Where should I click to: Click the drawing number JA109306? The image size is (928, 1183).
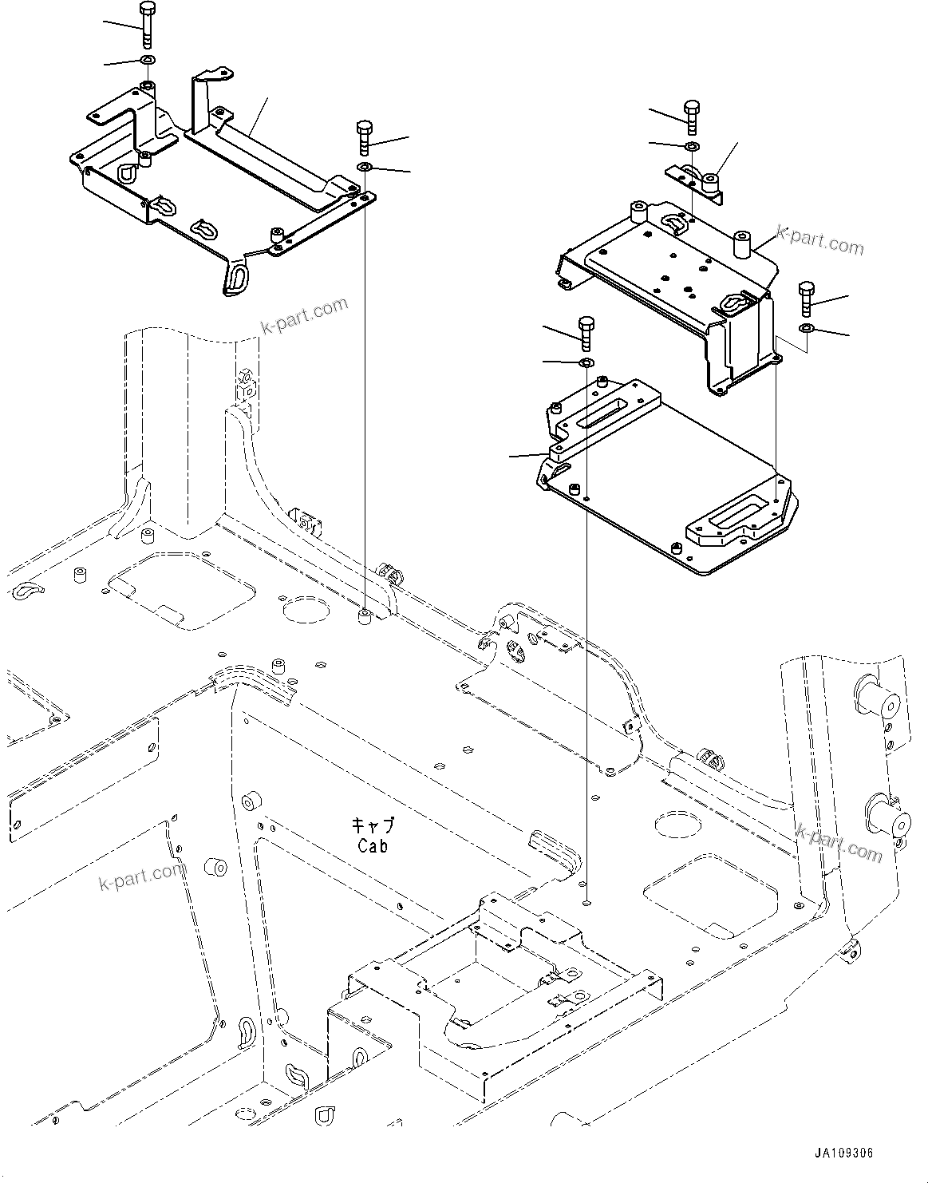point(844,1153)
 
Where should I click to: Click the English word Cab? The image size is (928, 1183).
point(373,846)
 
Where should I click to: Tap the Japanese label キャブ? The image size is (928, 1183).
point(373,825)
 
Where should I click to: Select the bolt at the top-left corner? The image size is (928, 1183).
point(148,26)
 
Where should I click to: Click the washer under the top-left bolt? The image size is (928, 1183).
point(148,61)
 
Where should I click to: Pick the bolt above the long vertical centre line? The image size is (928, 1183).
point(365,138)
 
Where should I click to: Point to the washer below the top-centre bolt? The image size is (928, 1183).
point(365,166)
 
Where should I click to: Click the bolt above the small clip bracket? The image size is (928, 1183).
point(691,117)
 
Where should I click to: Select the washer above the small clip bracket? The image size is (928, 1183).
point(691,146)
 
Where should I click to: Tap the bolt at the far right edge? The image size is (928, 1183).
point(806,299)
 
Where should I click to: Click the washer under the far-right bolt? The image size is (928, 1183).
point(806,328)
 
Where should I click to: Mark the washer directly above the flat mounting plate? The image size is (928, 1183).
point(585,363)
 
